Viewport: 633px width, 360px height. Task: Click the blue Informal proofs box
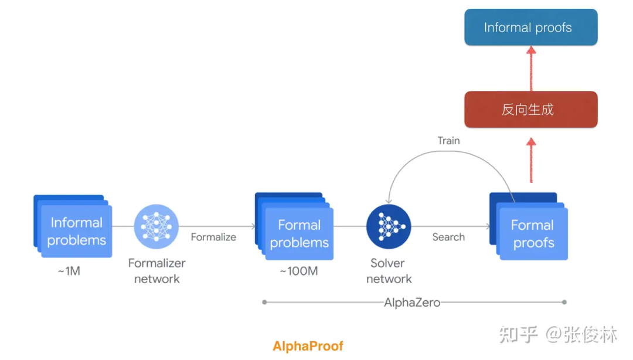click(530, 28)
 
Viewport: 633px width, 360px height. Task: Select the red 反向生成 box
click(530, 110)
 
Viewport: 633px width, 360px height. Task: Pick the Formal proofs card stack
click(529, 229)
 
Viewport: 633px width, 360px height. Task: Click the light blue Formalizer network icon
click(156, 226)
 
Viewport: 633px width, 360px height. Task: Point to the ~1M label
click(69, 272)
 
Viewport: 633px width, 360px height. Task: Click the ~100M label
click(298, 272)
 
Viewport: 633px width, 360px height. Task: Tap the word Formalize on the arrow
click(213, 237)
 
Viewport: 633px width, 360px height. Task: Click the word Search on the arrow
click(448, 237)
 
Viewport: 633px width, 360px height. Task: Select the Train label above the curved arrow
click(448, 141)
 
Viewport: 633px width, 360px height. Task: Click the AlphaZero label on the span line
click(411, 303)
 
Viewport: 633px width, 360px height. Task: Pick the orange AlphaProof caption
click(308, 346)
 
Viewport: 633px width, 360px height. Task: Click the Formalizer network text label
click(156, 271)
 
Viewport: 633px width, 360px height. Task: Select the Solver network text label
click(388, 271)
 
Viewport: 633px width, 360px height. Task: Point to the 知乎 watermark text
click(519, 335)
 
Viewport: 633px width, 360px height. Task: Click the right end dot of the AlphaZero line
click(564, 303)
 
